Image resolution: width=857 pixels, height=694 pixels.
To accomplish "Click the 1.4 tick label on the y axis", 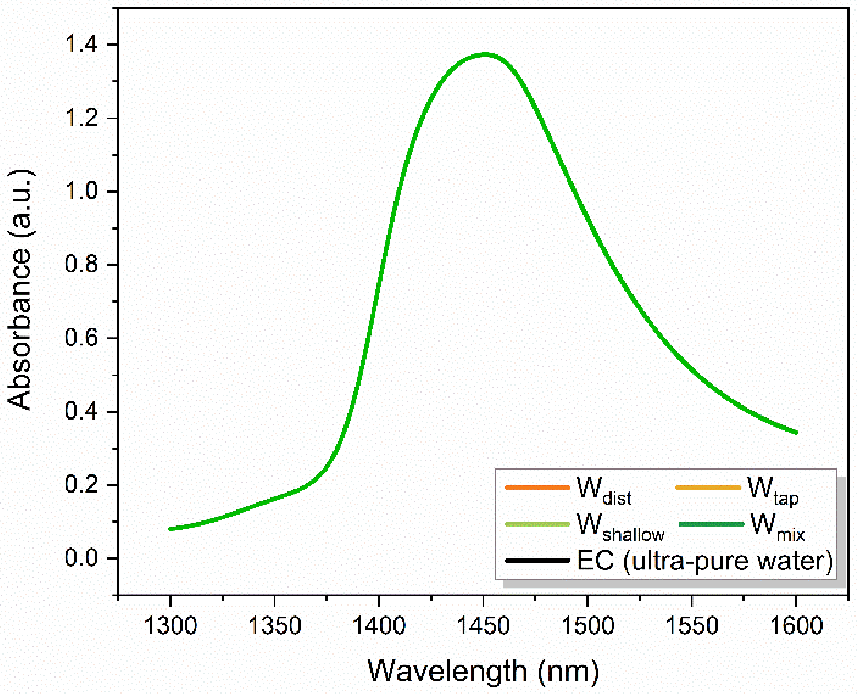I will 81,44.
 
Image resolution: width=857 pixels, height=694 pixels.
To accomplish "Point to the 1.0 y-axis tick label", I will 81,191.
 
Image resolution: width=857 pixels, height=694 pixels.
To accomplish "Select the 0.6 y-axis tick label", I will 81,338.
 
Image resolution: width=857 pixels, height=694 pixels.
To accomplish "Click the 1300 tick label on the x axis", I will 171,626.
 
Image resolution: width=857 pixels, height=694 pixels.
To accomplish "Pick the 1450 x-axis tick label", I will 483,626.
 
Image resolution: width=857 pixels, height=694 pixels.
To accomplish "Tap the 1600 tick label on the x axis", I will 796,626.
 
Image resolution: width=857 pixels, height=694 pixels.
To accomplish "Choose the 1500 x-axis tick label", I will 588,626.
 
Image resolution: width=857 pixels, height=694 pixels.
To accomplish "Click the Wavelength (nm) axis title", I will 483,671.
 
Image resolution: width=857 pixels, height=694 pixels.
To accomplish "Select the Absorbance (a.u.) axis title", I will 20,289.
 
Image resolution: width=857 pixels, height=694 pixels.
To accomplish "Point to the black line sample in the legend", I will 537,560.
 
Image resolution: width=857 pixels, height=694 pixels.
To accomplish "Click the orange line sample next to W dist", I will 537,487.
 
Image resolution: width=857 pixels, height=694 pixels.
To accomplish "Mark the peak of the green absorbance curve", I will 485,54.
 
